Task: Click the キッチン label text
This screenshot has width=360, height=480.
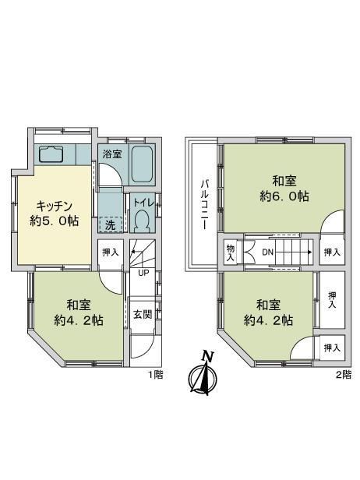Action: pyautogui.click(x=55, y=206)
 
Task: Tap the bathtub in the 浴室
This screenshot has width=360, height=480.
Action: pyautogui.click(x=143, y=164)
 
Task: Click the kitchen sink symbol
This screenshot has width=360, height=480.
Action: pyautogui.click(x=51, y=154)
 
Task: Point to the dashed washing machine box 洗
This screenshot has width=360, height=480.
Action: pyautogui.click(x=111, y=224)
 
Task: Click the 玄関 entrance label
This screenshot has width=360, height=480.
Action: pyautogui.click(x=143, y=314)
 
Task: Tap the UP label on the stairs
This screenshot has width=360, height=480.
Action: pyautogui.click(x=143, y=273)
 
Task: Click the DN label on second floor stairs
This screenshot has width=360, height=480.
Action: pyautogui.click(x=267, y=252)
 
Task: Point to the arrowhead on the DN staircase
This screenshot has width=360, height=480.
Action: pyautogui.click(x=310, y=252)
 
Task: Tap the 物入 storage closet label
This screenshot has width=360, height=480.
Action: pyautogui.click(x=230, y=252)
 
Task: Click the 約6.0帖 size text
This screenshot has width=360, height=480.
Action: pyautogui.click(x=284, y=196)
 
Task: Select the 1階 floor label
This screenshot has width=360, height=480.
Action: pyautogui.click(x=156, y=375)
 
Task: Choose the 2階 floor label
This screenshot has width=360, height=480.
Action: pyautogui.click(x=344, y=375)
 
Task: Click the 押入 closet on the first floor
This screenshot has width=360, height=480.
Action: pyautogui.click(x=111, y=252)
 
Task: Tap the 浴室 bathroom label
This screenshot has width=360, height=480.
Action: pyautogui.click(x=112, y=154)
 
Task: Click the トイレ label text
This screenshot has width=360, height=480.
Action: pyautogui.click(x=143, y=202)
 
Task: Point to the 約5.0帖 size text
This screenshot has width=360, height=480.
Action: pyautogui.click(x=55, y=221)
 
